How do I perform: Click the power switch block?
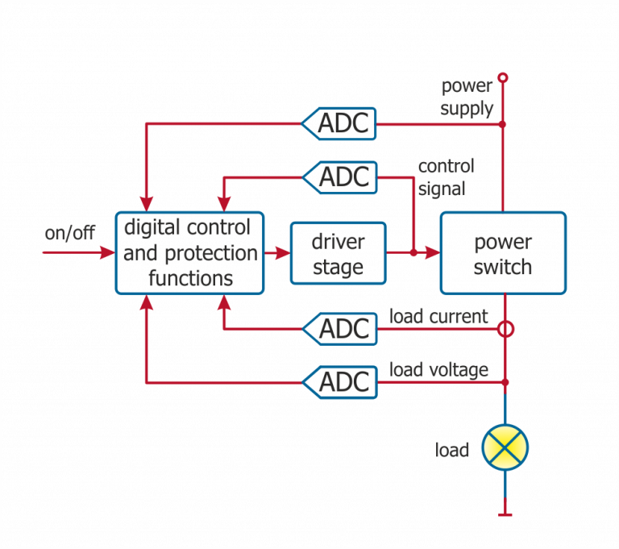(502, 253)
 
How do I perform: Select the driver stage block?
(338, 253)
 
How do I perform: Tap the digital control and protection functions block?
(190, 253)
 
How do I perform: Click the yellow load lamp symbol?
(505, 447)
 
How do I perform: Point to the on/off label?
(69, 234)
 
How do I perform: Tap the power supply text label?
(467, 98)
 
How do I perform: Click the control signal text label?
(445, 177)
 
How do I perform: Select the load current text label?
(438, 317)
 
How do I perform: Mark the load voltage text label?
(438, 369)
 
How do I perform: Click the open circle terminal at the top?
(504, 77)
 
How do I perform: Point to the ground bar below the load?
(505, 514)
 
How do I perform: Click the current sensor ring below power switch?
(505, 329)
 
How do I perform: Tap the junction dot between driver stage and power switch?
(413, 253)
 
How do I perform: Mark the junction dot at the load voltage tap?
(505, 381)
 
